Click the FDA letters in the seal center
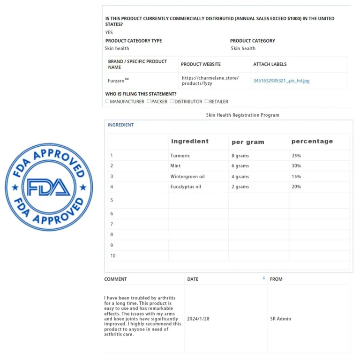pyautogui.click(x=49, y=187)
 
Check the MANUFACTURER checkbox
pyautogui.click(x=107, y=101)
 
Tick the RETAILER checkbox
pyautogui.click(x=207, y=101)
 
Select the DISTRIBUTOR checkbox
pyautogui.click(x=172, y=101)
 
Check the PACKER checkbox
pyautogui.click(x=149, y=101)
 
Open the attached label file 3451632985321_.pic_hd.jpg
pyautogui.click(x=281, y=81)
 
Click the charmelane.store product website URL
pyautogui.click(x=210, y=81)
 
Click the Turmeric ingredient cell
pyautogui.click(x=180, y=156)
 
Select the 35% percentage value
pyautogui.click(x=296, y=156)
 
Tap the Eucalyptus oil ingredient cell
pyautogui.click(x=186, y=187)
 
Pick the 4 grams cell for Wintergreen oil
pyautogui.click(x=240, y=177)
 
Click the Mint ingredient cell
pyautogui.click(x=175, y=166)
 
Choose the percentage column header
pyautogui.click(x=312, y=141)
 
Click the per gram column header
pyautogui.click(x=248, y=142)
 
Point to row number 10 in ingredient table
pyautogui.click(x=113, y=256)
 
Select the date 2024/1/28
pyautogui.click(x=198, y=319)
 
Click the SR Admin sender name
pyautogui.click(x=281, y=319)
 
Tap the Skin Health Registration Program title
pyautogui.click(x=242, y=115)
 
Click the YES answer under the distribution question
pyautogui.click(x=109, y=33)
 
